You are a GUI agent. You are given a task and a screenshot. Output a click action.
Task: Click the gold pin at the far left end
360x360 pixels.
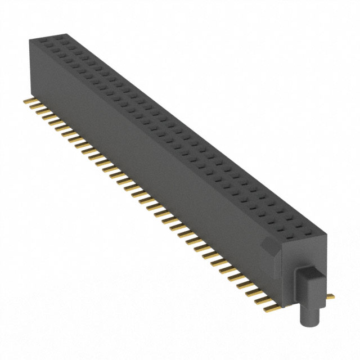[26, 101]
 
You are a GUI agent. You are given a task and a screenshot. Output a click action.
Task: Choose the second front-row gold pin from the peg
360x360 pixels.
[262, 300]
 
